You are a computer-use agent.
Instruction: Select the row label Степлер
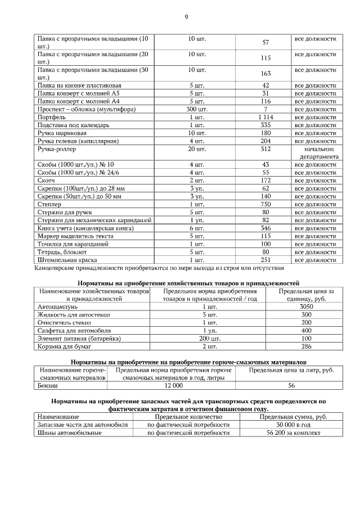pyautogui.click(x=49, y=204)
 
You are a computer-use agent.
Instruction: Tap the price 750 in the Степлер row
pyautogui.click(x=265, y=204)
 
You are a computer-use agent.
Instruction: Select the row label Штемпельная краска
pyautogui.click(x=67, y=260)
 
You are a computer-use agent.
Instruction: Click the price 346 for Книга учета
pyautogui.click(x=265, y=228)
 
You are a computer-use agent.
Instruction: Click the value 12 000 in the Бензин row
pyautogui.click(x=173, y=386)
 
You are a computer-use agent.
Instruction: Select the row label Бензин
pyautogui.click(x=47, y=386)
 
